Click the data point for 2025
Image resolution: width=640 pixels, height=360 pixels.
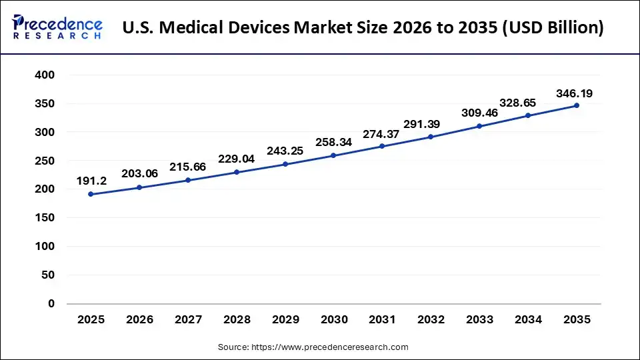click(x=91, y=194)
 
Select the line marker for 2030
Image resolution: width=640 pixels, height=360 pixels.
click(x=333, y=156)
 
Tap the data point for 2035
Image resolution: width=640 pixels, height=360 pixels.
click(x=576, y=105)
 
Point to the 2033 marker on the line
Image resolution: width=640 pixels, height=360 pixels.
click(x=479, y=126)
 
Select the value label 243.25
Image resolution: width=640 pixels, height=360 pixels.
click(x=285, y=151)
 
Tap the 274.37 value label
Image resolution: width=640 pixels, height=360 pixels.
click(x=382, y=134)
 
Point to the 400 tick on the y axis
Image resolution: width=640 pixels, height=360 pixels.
click(x=45, y=75)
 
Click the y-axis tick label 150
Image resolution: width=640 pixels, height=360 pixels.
click(x=45, y=218)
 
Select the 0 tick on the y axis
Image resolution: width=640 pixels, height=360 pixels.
click(x=51, y=303)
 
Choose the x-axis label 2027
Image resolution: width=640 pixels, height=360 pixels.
click(x=188, y=320)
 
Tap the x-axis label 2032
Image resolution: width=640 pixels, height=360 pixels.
click(x=431, y=320)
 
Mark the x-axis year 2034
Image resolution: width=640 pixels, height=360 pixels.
click(x=528, y=320)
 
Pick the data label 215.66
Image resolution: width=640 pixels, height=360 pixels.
click(x=188, y=167)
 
